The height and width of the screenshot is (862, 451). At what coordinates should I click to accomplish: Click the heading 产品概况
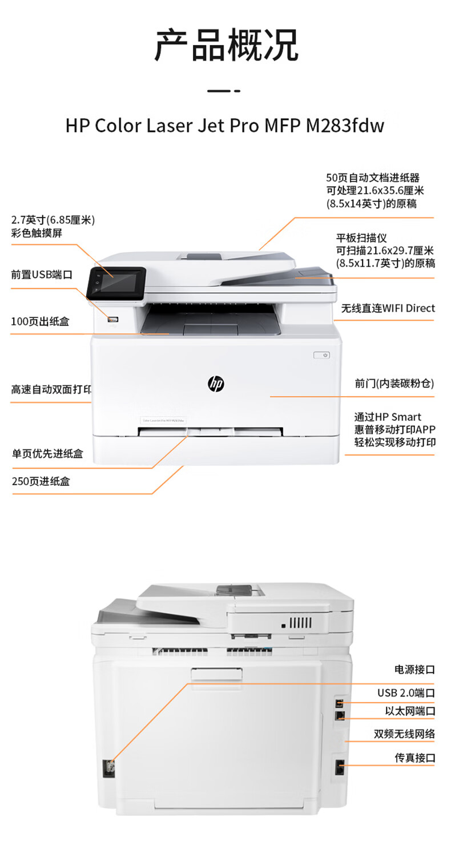click(x=226, y=46)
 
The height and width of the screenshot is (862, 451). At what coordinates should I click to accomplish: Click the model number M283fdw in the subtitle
click(x=345, y=126)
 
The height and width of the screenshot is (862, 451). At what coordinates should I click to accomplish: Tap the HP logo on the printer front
click(x=216, y=384)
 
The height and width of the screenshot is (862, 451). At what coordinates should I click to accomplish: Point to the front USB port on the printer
click(x=113, y=320)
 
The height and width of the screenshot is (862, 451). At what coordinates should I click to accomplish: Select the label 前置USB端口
click(x=42, y=275)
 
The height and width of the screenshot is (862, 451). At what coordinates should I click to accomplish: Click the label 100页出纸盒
click(x=40, y=322)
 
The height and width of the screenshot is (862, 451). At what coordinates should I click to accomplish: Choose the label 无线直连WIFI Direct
click(x=388, y=308)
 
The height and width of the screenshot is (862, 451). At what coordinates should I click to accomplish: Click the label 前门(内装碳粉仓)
click(x=394, y=384)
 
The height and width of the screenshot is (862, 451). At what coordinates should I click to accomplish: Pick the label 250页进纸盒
click(x=41, y=481)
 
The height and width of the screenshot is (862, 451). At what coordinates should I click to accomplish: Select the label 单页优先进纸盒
click(x=47, y=454)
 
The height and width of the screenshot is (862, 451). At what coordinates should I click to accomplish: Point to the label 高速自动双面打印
click(x=51, y=390)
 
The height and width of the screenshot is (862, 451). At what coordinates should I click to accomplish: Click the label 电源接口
click(x=414, y=670)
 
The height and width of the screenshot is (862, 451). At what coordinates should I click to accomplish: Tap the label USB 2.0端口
click(x=406, y=693)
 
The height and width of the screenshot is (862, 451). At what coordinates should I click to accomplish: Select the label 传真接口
click(x=415, y=758)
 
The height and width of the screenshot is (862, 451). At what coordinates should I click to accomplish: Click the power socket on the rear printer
click(x=108, y=768)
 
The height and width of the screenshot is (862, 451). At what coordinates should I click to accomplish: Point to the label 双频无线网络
click(x=404, y=734)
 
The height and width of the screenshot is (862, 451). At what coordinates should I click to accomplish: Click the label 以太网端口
click(x=410, y=711)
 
